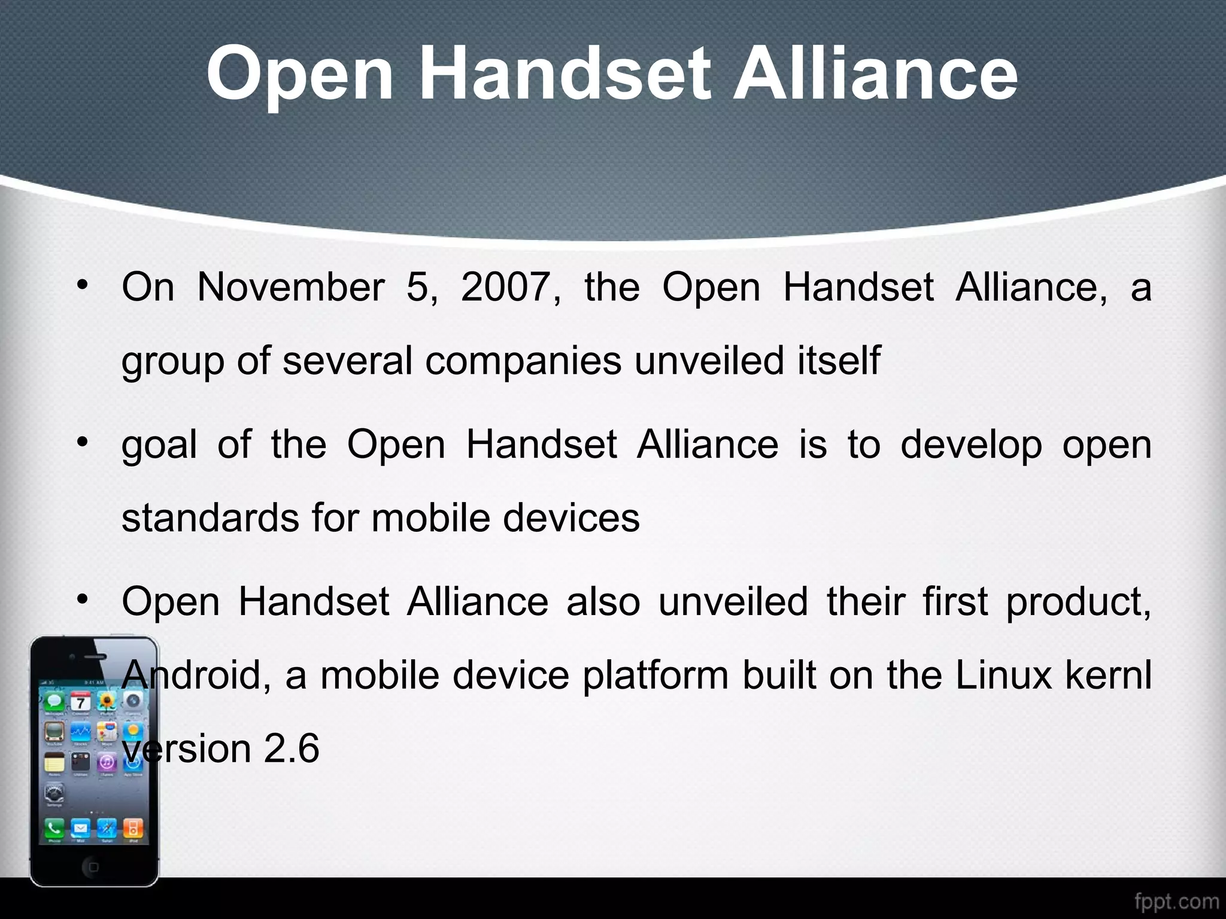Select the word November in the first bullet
291,287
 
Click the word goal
159,446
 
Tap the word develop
970,446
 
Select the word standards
210,518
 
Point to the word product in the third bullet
1078,602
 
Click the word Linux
1003,675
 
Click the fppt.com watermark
1176,901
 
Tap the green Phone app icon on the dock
54,829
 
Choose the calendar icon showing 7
80,702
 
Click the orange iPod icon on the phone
133,829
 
